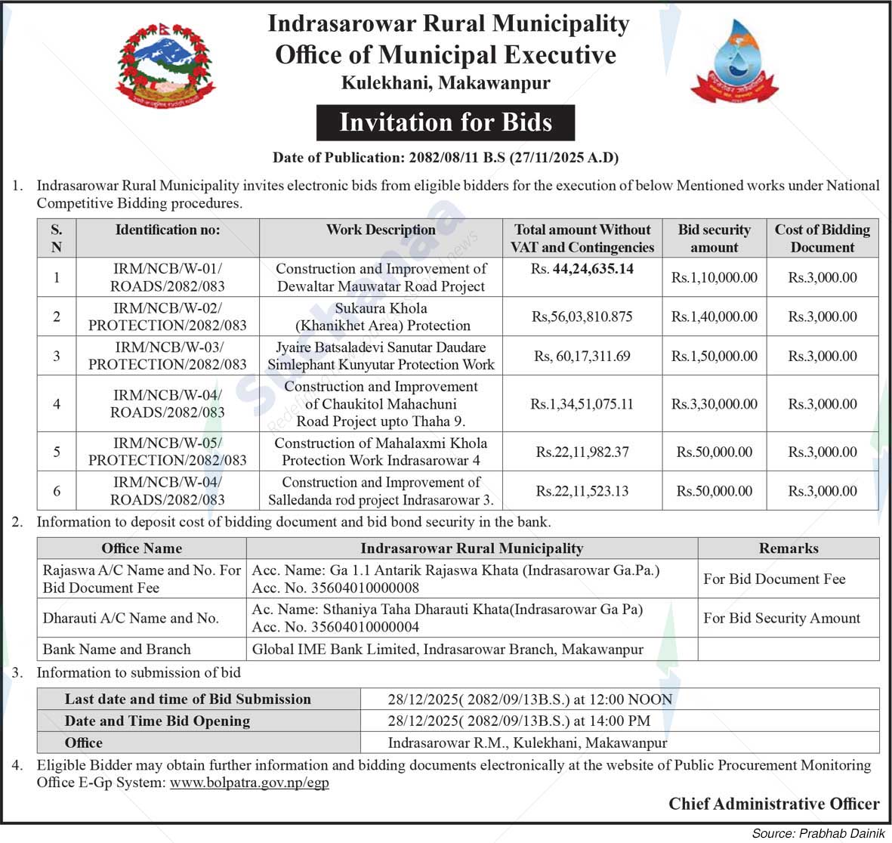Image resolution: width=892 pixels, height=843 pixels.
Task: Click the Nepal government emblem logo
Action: click(165, 64)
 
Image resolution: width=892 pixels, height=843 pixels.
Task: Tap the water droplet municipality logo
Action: click(734, 63)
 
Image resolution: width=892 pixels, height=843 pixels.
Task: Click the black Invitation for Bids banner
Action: click(446, 122)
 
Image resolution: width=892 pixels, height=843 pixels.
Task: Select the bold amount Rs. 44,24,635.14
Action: click(582, 269)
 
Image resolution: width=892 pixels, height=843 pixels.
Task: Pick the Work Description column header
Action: click(381, 230)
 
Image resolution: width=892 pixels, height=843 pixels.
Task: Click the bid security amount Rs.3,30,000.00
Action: click(714, 404)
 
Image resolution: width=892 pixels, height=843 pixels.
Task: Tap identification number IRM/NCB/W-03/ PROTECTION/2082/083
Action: click(168, 356)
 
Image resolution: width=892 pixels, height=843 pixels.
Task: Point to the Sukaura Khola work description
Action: click(381, 317)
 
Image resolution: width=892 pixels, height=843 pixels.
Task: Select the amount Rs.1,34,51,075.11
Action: click(582, 404)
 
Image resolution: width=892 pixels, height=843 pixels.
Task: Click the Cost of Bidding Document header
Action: click(822, 238)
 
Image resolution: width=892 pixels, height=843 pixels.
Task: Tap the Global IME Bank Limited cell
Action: click(448, 649)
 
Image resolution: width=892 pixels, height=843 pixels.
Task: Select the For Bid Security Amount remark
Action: click(782, 618)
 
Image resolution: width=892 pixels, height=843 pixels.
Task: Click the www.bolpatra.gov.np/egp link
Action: click(249, 783)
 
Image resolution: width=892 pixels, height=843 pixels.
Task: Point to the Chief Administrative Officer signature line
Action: click(773, 804)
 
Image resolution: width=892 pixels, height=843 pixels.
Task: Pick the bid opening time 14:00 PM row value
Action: click(519, 721)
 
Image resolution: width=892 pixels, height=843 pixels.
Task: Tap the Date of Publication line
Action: click(446, 158)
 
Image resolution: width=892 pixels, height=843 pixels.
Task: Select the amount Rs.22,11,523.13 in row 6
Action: click(582, 491)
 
